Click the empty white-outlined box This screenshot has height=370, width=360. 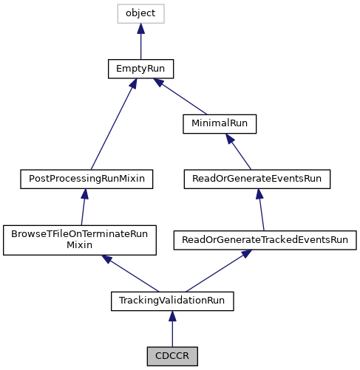[x=140, y=13]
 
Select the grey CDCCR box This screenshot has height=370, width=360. [x=172, y=356]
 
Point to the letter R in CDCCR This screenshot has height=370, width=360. [x=186, y=356]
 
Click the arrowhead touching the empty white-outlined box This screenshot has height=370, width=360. [x=140, y=29]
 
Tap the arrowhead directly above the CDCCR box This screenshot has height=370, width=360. [x=172, y=316]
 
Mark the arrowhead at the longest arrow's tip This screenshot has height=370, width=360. [x=134, y=83]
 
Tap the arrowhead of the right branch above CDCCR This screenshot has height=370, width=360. [x=247, y=253]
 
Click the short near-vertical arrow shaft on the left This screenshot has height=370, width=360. [x=83, y=211]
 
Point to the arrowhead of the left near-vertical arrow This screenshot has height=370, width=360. [x=85, y=193]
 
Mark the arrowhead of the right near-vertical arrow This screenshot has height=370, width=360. [x=259, y=193]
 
